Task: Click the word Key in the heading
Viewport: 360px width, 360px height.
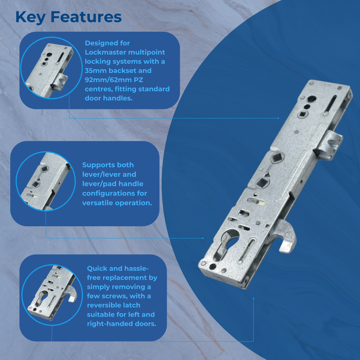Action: [30, 17]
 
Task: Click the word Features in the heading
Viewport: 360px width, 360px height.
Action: [86, 17]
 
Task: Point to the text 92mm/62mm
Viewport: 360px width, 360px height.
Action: [106, 80]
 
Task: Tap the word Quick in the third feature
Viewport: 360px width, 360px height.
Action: [97, 268]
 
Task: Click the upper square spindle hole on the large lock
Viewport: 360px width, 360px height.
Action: [276, 157]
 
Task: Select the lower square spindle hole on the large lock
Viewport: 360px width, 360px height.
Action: [262, 182]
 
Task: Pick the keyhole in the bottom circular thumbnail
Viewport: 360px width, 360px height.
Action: [42, 298]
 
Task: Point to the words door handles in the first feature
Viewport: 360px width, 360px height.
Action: [109, 98]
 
